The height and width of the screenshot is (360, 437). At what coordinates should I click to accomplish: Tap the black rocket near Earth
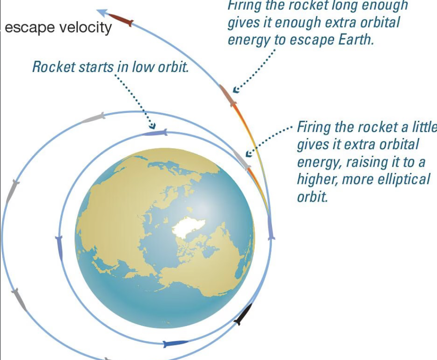[243, 314]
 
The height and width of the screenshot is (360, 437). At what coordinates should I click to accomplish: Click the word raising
[360, 162]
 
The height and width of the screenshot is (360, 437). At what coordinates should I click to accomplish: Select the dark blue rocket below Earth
[175, 343]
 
